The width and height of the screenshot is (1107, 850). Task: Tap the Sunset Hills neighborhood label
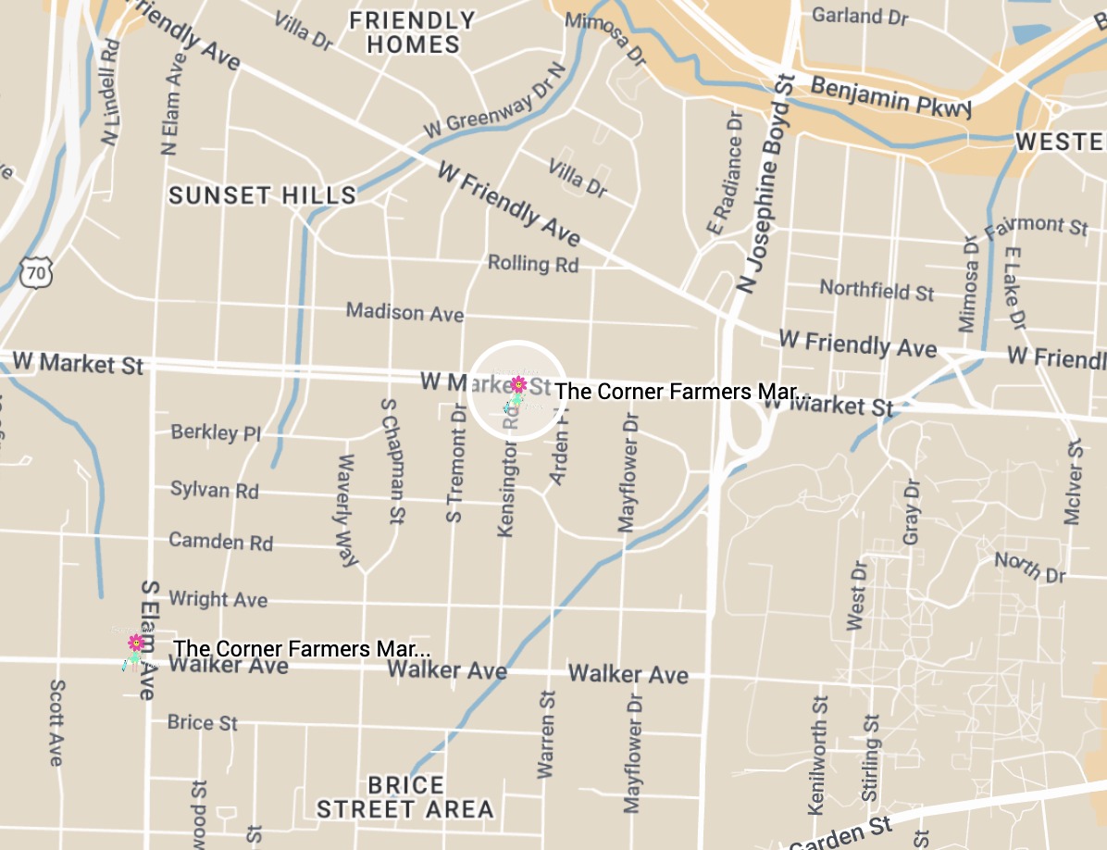(262, 195)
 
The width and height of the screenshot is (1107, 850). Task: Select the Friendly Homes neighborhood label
(412, 32)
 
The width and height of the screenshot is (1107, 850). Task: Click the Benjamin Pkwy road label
(891, 96)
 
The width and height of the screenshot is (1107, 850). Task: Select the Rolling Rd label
(533, 264)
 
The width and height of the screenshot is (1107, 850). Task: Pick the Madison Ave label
(404, 312)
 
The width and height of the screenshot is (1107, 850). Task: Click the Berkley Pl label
(216, 432)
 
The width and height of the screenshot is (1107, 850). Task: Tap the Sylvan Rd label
(215, 490)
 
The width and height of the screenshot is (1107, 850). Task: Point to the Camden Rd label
(220, 541)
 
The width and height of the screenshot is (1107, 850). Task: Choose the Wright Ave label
(218, 599)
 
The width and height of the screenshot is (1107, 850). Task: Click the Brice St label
(203, 722)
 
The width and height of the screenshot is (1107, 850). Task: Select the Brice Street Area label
(405, 797)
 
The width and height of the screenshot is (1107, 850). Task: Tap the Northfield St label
(877, 290)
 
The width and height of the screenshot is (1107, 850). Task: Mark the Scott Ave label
(56, 722)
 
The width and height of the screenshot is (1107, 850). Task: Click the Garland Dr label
(859, 16)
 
